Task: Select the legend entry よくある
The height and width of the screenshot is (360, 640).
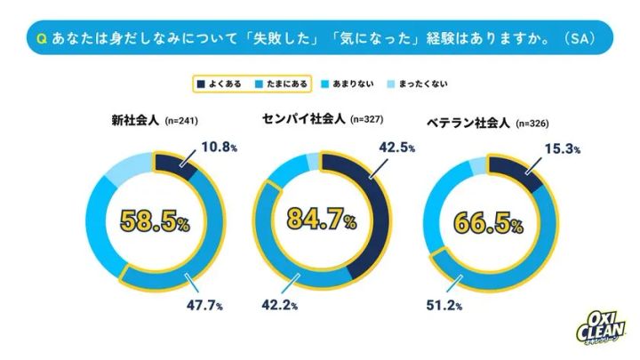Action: tap(220, 84)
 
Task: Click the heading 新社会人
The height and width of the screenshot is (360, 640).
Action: tap(132, 120)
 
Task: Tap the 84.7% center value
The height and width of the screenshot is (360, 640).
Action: tap(324, 220)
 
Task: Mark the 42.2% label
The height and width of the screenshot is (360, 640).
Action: tap(277, 304)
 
